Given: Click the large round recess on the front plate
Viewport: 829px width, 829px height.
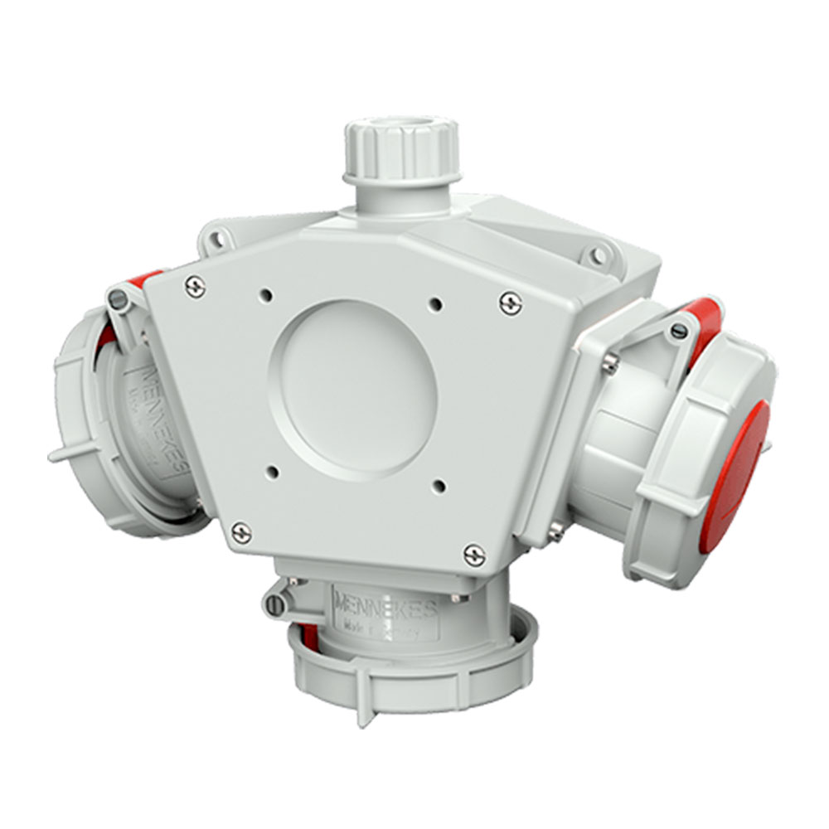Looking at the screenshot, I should [x=357, y=385].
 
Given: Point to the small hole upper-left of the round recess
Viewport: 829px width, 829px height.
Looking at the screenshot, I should [x=267, y=293].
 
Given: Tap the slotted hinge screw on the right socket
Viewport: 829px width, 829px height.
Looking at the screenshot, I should [x=678, y=332].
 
